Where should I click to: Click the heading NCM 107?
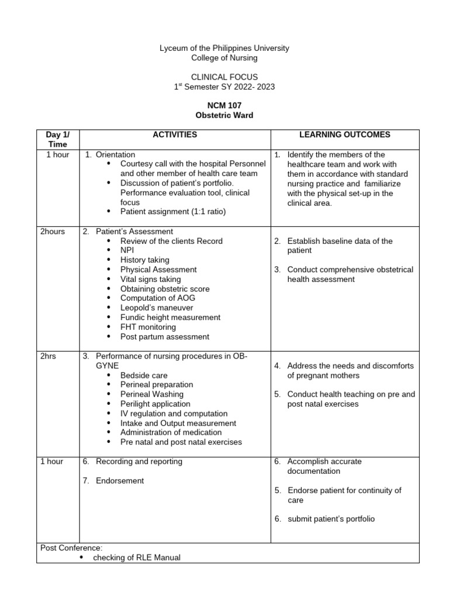click(224, 105)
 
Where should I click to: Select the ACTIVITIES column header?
click(175, 135)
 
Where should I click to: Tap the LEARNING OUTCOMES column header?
click(344, 135)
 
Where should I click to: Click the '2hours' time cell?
click(53, 232)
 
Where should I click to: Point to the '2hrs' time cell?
click(48, 356)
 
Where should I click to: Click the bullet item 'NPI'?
click(127, 250)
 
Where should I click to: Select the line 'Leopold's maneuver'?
click(156, 308)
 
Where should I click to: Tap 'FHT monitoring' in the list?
click(148, 327)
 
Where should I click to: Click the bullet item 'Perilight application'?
click(155, 404)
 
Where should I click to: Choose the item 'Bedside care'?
click(144, 375)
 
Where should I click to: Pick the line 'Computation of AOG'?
click(158, 298)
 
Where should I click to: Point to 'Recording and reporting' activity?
click(139, 462)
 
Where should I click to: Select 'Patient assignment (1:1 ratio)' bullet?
click(172, 212)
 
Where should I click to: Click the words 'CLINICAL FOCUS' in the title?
click(224, 77)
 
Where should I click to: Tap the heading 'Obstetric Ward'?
click(224, 115)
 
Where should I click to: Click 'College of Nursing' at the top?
click(224, 57)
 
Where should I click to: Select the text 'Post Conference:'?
click(71, 548)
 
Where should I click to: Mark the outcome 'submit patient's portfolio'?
click(331, 519)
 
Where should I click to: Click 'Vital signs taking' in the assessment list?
click(150, 279)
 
